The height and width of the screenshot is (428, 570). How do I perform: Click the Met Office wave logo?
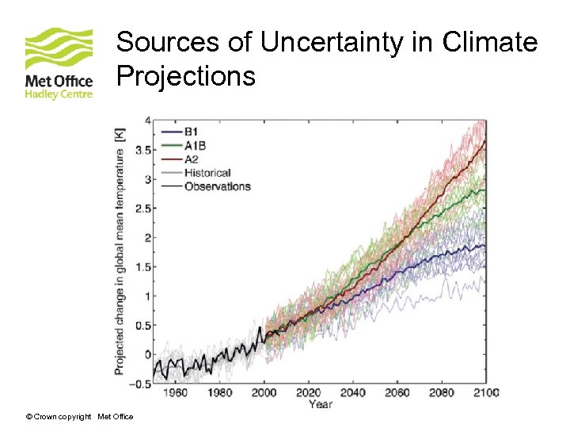coord(59,49)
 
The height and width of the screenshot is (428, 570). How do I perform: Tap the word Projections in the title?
coord(186,76)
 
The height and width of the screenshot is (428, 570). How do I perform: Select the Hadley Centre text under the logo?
coord(59,94)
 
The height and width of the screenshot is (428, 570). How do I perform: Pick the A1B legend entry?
coord(196,146)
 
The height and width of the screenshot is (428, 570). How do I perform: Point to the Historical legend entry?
coord(207,173)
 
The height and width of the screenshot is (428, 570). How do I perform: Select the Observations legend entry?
coord(217,186)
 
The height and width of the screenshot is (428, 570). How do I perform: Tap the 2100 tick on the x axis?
coord(486,392)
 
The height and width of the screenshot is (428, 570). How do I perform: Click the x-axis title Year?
coord(321,404)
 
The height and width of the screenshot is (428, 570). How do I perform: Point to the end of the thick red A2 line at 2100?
coord(485,141)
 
